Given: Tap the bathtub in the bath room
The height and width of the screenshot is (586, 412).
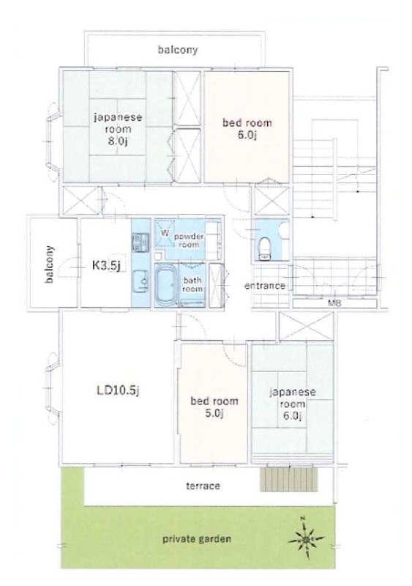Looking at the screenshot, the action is pos(167,285).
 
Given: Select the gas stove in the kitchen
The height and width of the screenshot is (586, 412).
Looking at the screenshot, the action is pos(141,242).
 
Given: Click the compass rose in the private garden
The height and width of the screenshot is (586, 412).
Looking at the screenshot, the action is pos(306,539).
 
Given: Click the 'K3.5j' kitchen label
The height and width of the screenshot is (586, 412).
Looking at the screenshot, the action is pos(106,265).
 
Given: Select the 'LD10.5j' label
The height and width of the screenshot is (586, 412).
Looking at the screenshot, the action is pos(118,390).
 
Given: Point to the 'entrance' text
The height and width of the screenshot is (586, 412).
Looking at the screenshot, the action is pos(264,286).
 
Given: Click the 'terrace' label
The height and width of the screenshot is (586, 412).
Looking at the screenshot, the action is pos(203,486).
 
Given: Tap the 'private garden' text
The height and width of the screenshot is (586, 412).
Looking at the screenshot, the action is pos(196,539).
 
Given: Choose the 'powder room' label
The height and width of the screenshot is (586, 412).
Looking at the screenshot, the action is pos(189,240).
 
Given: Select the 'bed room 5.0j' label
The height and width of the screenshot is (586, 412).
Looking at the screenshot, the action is pos(214,407).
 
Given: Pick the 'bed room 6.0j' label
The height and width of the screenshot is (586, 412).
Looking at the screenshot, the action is pos(247,128).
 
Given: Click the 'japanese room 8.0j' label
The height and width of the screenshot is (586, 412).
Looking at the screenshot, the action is pos(118,129).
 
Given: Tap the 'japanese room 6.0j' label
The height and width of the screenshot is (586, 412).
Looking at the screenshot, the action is pos(293,404).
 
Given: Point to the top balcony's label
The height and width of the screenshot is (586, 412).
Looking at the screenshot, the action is pos(177,50).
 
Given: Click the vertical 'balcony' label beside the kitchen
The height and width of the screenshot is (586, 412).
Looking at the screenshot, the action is pos(49,264).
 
